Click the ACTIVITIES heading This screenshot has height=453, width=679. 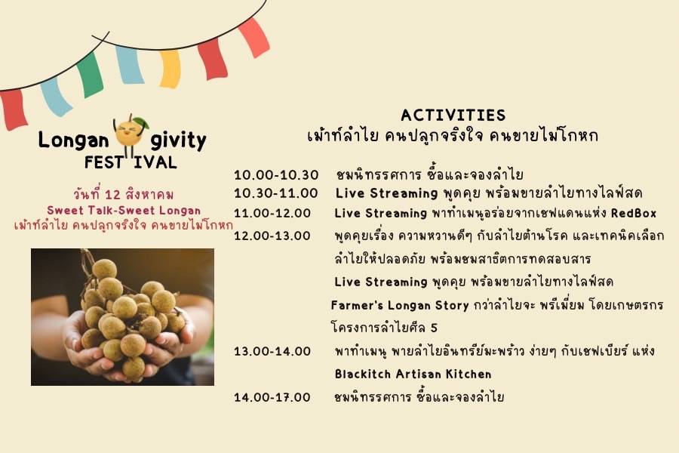(453, 116)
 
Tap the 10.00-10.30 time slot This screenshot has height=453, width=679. (276, 175)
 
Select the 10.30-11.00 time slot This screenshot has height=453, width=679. (276, 193)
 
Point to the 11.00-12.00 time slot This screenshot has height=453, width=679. (272, 213)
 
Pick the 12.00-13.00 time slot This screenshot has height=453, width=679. (272, 236)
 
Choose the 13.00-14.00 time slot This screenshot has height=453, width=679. (272, 351)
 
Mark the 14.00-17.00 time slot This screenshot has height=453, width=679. (272, 397)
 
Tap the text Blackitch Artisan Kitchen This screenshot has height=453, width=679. (413, 374)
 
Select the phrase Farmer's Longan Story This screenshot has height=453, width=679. (400, 306)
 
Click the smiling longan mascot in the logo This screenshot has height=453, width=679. (130, 135)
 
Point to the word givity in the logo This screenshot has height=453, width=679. (178, 141)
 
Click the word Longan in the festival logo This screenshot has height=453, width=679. (74, 140)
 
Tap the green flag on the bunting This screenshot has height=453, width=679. (90, 75)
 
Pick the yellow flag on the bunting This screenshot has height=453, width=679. (170, 69)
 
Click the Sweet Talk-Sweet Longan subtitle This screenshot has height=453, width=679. (124, 211)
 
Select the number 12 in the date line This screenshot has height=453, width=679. (112, 195)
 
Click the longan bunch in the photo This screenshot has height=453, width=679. (130, 317)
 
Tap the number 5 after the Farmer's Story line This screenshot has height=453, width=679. (434, 328)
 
